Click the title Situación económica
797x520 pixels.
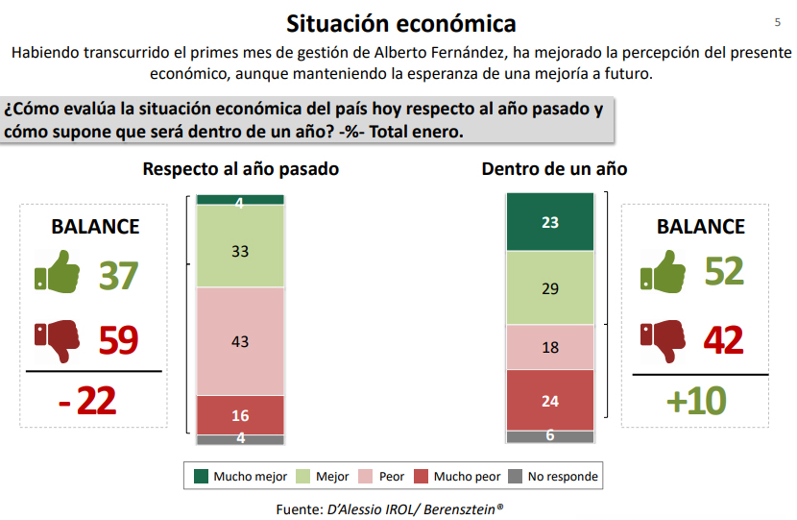pos(400,23)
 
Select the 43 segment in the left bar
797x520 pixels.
pos(240,341)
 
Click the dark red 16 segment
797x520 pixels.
pos(240,415)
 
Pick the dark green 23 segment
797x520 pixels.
pos(550,222)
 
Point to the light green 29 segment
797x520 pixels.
pos(550,288)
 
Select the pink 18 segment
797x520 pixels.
pos(550,347)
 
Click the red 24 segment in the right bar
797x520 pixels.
pos(550,400)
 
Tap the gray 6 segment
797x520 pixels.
pos(550,436)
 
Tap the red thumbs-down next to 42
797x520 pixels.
pos(664,339)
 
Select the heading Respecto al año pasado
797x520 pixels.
pos(240,169)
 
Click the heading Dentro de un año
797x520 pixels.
pos(554,169)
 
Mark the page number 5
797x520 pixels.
pos(777,22)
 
